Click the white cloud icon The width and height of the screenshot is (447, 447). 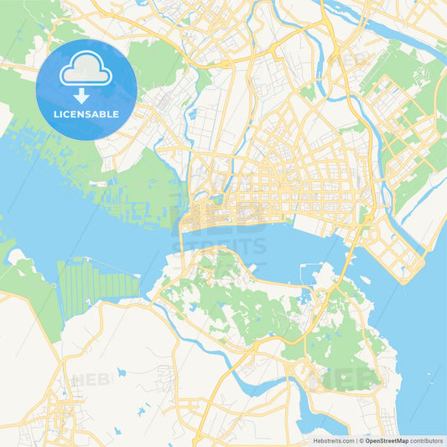86,70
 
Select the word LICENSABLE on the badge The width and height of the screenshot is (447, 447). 86,113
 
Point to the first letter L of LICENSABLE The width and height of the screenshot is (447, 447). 55,113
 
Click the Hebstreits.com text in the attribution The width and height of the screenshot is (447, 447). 330,440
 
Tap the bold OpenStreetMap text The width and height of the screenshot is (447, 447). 386,440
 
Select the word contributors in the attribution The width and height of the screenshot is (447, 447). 425,440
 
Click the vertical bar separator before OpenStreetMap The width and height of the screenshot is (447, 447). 358,440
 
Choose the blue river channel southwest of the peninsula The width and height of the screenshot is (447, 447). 252,384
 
